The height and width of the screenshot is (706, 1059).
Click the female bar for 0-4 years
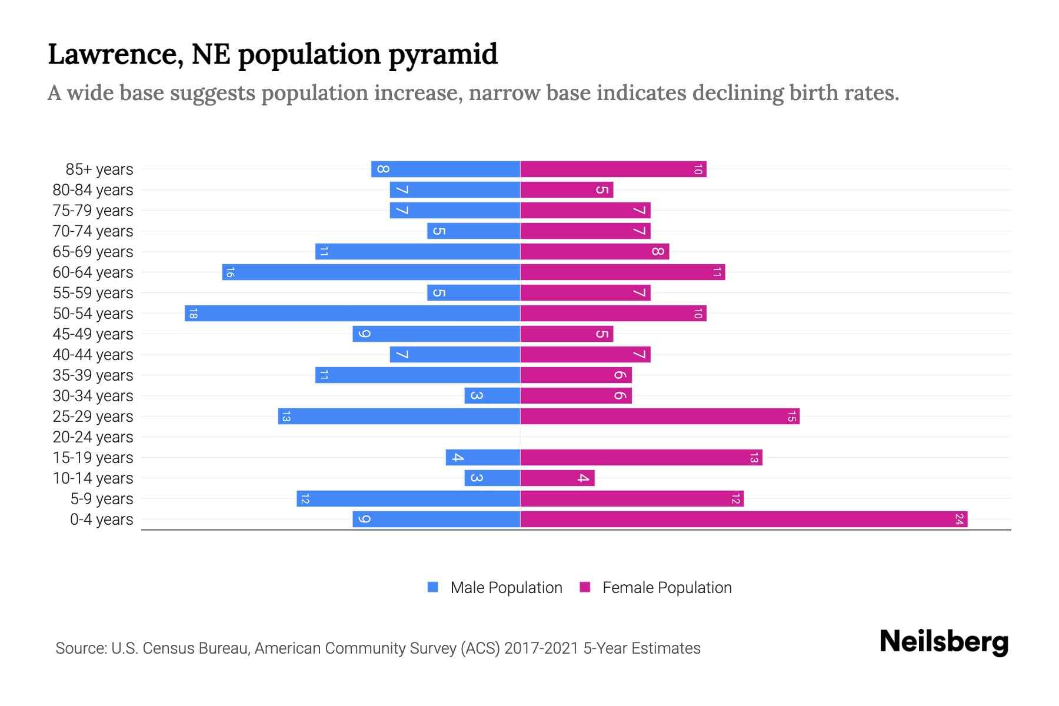(x=744, y=519)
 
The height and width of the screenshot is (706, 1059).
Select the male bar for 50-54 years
(x=353, y=314)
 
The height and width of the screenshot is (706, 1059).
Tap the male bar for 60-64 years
(x=371, y=272)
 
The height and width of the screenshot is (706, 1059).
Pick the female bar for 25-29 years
(x=660, y=417)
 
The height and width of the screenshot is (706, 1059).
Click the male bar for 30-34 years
(x=492, y=396)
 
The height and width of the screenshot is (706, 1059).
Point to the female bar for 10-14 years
(x=557, y=478)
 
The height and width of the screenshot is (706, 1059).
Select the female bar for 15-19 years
(x=641, y=458)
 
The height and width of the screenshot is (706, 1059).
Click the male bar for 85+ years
(x=445, y=169)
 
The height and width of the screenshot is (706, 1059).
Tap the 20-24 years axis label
(x=93, y=437)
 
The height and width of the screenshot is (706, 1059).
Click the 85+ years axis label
(x=99, y=169)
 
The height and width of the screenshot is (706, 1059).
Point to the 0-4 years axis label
(x=101, y=519)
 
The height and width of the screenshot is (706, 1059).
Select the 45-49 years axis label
(x=93, y=334)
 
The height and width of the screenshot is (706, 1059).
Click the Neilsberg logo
(x=944, y=642)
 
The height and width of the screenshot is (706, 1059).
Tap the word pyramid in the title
(x=443, y=55)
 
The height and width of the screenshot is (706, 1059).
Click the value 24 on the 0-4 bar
(x=959, y=519)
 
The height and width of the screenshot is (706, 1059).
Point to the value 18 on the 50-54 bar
(x=193, y=314)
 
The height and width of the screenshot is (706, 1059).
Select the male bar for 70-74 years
(x=474, y=231)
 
